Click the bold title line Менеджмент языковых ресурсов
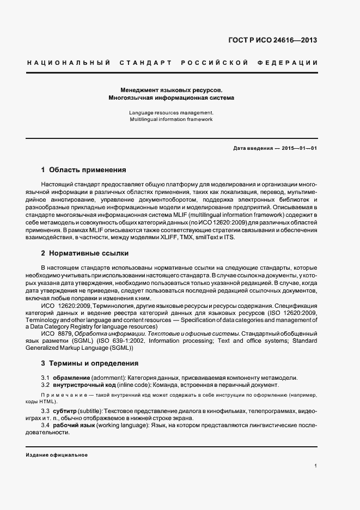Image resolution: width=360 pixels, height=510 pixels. (x=172, y=89)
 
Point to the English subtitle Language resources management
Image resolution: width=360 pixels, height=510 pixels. (x=171, y=112)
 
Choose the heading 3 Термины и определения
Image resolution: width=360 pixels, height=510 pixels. (x=89, y=363)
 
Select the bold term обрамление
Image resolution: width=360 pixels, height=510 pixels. (x=71, y=378)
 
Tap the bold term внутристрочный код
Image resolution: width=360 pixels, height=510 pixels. (x=83, y=385)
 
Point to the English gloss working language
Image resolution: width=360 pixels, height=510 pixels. (x=119, y=424)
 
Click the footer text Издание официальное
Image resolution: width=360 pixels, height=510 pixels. (x=57, y=454)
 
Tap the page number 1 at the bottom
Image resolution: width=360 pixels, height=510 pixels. (x=315, y=466)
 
